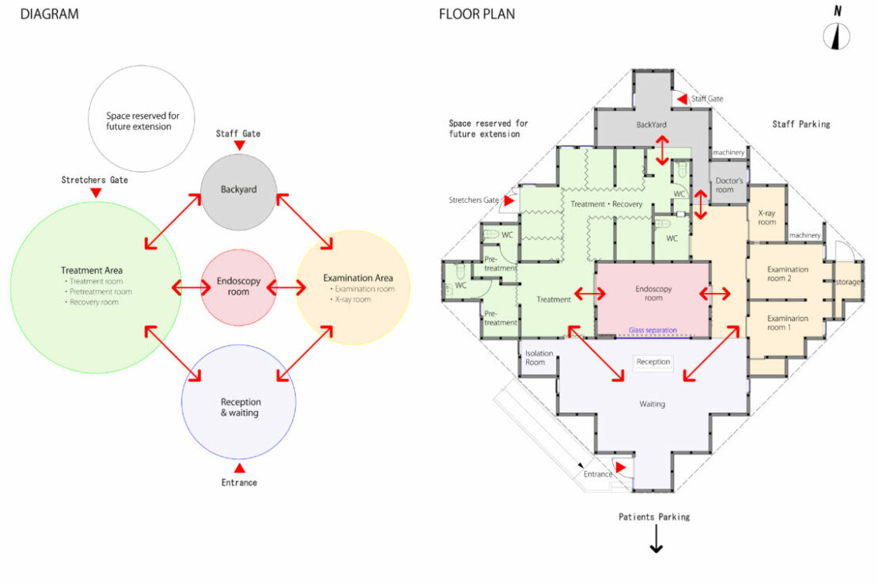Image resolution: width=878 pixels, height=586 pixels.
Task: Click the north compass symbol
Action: coord(836,36)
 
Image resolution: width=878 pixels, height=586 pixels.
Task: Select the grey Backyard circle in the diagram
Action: coord(238,191)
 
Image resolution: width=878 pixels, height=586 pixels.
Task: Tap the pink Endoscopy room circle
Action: coord(238,287)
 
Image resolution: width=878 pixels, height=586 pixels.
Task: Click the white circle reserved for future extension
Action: coord(142,121)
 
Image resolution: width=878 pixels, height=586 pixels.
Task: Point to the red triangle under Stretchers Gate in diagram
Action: coord(96,192)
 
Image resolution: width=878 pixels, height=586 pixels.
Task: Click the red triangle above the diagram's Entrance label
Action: coord(238,468)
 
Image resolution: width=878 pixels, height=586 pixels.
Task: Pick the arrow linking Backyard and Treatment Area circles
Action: coord(172,219)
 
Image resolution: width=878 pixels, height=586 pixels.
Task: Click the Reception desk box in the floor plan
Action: coord(653,362)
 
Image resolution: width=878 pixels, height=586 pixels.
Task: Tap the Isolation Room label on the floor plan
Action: coord(539,358)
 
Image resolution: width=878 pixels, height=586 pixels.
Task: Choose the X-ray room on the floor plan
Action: coord(766,218)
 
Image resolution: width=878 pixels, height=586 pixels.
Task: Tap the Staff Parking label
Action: coord(800,124)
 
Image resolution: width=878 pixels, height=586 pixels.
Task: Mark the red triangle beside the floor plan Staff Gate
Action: coord(681,99)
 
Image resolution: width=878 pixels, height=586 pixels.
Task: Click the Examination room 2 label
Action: coord(786,274)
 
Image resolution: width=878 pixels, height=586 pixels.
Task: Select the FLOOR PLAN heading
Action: coord(476,14)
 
